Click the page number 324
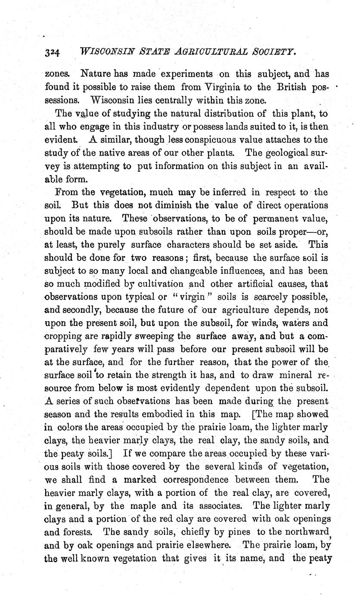point(53,52)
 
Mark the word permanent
point(277,219)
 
